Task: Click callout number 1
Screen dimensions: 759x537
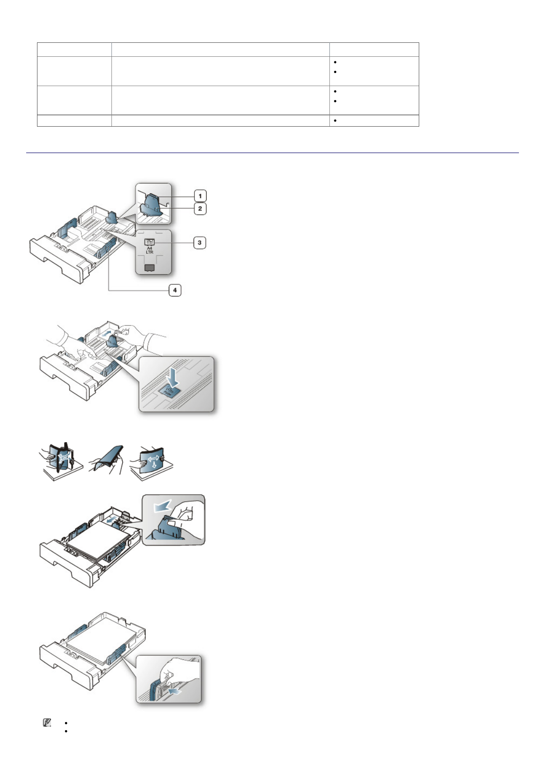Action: pyautogui.click(x=200, y=196)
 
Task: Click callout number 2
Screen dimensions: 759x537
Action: pyautogui.click(x=200, y=209)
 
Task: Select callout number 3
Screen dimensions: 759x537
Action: pyautogui.click(x=199, y=242)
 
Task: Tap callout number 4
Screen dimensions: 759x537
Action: pyautogui.click(x=175, y=290)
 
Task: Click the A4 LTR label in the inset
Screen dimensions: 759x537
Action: pyautogui.click(x=149, y=250)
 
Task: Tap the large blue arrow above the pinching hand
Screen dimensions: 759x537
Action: pyautogui.click(x=163, y=507)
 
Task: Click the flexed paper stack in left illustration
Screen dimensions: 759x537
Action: pyautogui.click(x=60, y=460)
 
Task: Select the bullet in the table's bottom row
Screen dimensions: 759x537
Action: pyautogui.click(x=335, y=121)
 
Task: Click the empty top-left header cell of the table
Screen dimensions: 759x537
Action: pyautogui.click(x=74, y=50)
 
